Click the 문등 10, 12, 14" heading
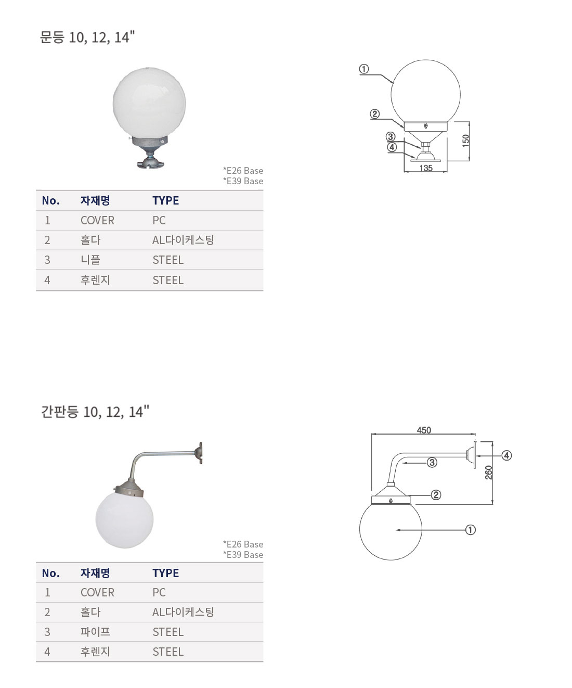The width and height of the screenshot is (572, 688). coord(87,37)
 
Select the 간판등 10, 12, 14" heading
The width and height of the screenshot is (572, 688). coord(95,412)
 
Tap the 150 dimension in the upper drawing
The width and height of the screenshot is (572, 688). coord(465,141)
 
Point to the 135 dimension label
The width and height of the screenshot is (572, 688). coord(426,168)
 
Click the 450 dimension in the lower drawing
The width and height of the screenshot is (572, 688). coord(424,430)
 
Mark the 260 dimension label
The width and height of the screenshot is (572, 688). coord(489,473)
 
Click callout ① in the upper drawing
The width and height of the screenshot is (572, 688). coord(363,69)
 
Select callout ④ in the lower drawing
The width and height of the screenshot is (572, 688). coord(506,455)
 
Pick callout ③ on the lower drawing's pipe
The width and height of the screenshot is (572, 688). coord(432,463)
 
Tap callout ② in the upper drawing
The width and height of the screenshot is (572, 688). coord(375,114)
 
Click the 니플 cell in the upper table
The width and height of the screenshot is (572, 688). coord(90,260)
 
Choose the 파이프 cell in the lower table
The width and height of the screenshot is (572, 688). coord(96,632)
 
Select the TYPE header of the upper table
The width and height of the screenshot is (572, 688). coord(166,200)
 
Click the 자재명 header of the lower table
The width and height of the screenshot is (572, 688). coord(96,573)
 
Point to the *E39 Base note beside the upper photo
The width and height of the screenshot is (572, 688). coord(243,181)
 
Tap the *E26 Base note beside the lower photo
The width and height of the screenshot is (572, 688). coord(243,544)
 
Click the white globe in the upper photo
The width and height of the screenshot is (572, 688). coord(149,103)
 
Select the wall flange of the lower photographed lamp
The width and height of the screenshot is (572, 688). coord(199,453)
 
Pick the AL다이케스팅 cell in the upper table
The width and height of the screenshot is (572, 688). coord(183,240)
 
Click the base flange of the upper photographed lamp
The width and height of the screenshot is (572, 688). coord(150,163)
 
